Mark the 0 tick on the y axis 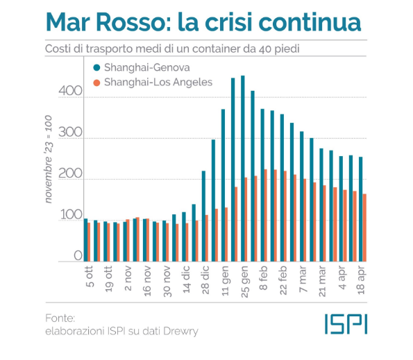78,257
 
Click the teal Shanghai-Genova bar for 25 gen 242,166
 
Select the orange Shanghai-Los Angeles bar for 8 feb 265,214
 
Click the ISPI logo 345,322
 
